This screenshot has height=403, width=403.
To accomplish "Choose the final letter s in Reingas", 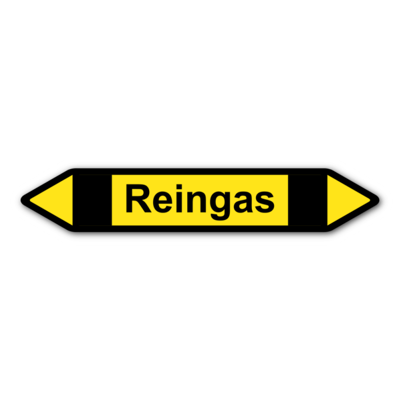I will click(x=263, y=203).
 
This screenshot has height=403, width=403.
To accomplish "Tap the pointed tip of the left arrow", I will click(x=31, y=200).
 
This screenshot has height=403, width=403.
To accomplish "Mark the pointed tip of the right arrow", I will click(x=369, y=200).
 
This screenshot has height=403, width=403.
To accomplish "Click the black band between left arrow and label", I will click(x=92, y=200).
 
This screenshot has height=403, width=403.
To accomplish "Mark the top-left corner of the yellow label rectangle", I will click(x=112, y=175).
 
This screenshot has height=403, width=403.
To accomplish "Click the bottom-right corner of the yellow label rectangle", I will click(x=287, y=225).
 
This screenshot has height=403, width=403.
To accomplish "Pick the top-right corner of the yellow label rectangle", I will click(x=287, y=175).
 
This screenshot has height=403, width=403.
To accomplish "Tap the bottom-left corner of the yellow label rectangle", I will click(x=112, y=225).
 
